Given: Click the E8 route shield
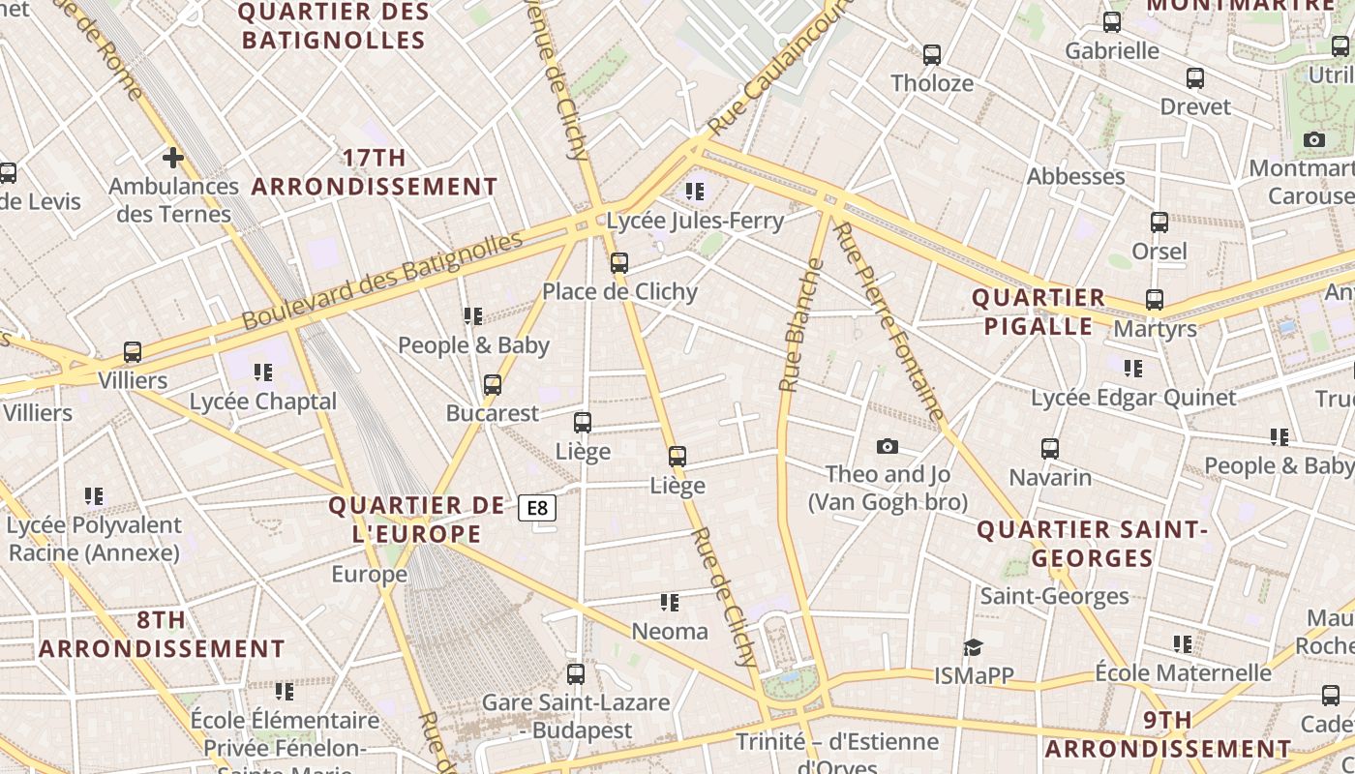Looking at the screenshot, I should click(537, 507).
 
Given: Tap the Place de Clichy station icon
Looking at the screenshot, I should click(619, 262).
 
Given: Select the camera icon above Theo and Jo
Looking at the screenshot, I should click(887, 446).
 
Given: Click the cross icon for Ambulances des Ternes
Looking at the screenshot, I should click(173, 157).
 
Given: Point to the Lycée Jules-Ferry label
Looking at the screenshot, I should click(694, 221).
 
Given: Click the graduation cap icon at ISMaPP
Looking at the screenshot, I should click(973, 647).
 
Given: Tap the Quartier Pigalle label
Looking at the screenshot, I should click(1039, 312).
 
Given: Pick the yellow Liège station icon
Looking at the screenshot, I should click(677, 456).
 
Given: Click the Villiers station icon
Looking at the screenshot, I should click(133, 352).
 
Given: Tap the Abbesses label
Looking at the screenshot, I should click(1075, 176).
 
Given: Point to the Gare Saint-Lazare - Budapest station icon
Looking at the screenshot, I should click(576, 673).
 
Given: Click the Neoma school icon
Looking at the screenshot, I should click(670, 603).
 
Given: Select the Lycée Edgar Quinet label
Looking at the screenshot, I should click(1132, 398).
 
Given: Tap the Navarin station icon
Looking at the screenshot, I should click(1050, 448).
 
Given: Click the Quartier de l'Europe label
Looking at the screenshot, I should click(416, 520).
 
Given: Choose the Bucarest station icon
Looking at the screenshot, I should click(493, 384).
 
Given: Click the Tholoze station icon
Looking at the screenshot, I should click(932, 54).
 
